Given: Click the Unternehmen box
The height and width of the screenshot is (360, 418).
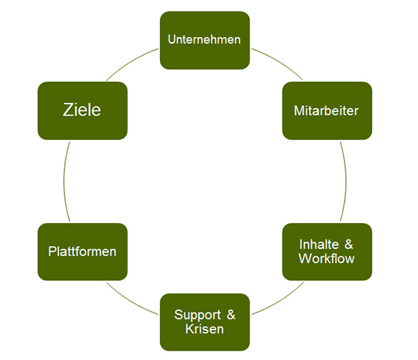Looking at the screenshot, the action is click(205, 40).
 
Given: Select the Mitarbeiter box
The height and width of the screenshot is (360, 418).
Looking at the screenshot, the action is click(327, 110).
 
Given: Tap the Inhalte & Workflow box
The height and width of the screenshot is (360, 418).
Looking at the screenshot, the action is click(327, 252).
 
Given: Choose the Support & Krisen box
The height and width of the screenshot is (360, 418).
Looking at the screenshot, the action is click(205, 322).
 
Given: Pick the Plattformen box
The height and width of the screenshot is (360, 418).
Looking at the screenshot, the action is click(83, 252).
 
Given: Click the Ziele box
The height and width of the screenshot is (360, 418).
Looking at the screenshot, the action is click(83, 110).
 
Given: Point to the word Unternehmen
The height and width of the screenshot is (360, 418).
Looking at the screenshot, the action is click(205, 40).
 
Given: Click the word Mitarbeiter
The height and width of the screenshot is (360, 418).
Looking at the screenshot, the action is click(326, 110).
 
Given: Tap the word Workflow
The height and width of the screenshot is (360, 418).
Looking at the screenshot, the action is click(327, 259).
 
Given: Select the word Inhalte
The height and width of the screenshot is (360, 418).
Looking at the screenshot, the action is click(319, 244).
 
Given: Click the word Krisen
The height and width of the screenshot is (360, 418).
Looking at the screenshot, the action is click(205, 329).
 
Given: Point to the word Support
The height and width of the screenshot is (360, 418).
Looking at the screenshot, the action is click(198, 315).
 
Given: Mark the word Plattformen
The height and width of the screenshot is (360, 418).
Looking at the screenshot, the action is click(82, 252).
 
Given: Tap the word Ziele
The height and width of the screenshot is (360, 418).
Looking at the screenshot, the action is click(82, 110).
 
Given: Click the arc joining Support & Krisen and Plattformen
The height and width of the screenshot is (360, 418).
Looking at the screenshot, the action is click(130, 301).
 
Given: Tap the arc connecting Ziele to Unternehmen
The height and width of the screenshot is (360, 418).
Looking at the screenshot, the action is click(130, 61).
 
